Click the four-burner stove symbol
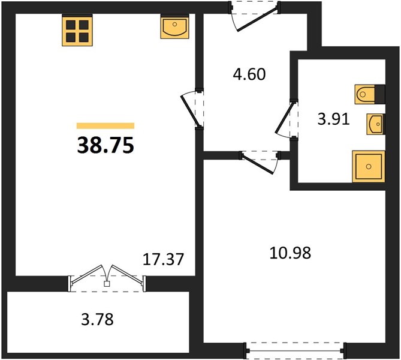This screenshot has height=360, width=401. pyautogui.click(x=77, y=30)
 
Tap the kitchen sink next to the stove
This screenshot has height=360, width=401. pyautogui.click(x=174, y=26)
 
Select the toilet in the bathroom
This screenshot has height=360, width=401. pyautogui.click(x=364, y=94)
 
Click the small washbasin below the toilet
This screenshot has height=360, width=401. pyautogui.click(x=375, y=124)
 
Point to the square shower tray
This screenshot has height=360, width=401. pyautogui.click(x=369, y=166)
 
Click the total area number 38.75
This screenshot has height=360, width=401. pyautogui.click(x=105, y=145)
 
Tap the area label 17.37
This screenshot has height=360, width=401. pyautogui.click(x=163, y=259)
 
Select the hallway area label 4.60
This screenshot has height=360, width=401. pyautogui.click(x=249, y=74)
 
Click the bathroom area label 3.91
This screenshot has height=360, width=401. pyautogui.click(x=333, y=119)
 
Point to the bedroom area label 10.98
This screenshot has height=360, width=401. pyautogui.click(x=290, y=253)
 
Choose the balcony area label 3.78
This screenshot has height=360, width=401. pyautogui.click(x=97, y=320)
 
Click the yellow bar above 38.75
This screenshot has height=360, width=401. pyautogui.click(x=105, y=126)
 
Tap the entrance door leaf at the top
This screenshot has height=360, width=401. pyautogui.click(x=257, y=19)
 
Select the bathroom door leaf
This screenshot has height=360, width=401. pyautogui.click(x=284, y=118)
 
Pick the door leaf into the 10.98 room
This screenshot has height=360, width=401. pyautogui.click(x=258, y=164)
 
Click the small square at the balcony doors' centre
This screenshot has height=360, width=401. pyautogui.click(x=107, y=284)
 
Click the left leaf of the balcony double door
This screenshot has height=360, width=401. pyautogui.click(x=86, y=274)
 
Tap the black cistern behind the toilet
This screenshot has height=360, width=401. pyautogui.click(x=380, y=94)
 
